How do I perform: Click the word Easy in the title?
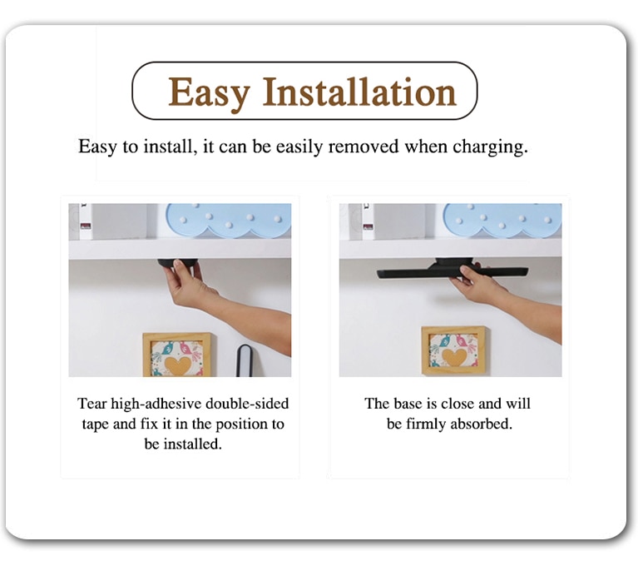coord(209,92)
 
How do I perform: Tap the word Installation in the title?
coord(359,92)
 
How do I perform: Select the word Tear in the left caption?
coord(92,404)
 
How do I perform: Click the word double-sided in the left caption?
coord(247,404)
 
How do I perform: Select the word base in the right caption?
coord(408,404)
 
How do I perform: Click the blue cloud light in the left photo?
coord(229,220)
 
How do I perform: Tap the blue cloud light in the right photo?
coord(502,220)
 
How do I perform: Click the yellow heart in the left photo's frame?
coord(180,365)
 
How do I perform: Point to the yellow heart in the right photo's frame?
coord(453,356)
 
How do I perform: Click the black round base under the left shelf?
coord(178,262)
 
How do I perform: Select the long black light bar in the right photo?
coord(453,270)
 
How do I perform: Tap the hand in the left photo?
coord(189,281)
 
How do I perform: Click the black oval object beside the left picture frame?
coord(244,360)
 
